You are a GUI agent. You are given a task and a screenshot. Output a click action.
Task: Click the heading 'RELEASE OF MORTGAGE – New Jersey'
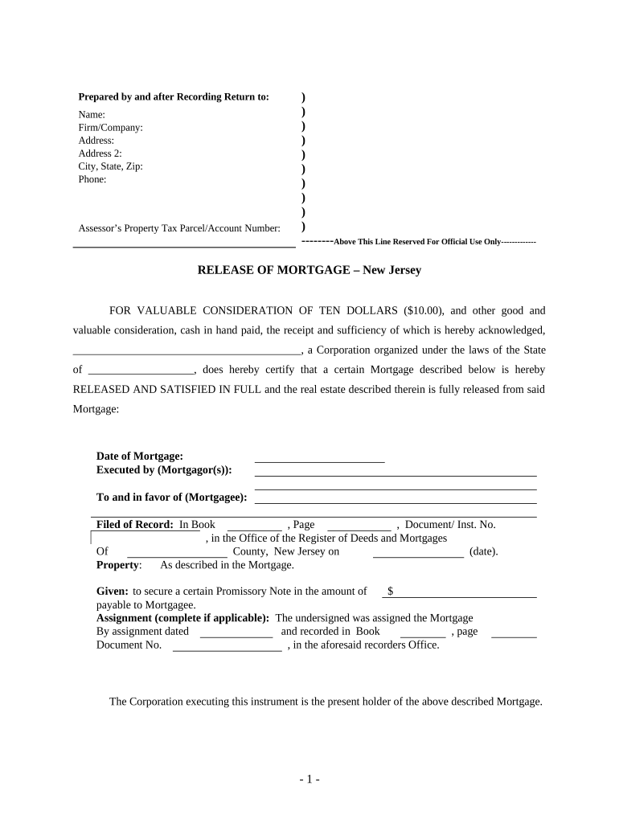(x=309, y=271)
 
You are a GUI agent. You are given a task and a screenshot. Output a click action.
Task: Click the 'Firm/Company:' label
(x=110, y=128)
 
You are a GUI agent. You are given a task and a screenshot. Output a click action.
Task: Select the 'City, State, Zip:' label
(x=110, y=166)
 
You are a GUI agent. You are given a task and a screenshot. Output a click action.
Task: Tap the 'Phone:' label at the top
(x=92, y=179)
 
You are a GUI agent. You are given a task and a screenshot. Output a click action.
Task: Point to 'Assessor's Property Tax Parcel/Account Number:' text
(x=179, y=228)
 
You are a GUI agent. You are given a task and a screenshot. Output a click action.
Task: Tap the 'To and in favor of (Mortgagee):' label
(x=171, y=497)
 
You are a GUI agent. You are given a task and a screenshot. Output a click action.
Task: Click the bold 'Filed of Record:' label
(x=134, y=525)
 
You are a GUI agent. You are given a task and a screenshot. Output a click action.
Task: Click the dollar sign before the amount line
(x=390, y=592)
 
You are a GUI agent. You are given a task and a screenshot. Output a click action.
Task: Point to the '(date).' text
(x=483, y=552)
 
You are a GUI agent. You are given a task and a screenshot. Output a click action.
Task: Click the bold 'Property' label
(x=118, y=565)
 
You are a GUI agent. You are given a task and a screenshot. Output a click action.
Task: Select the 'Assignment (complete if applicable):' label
(x=182, y=618)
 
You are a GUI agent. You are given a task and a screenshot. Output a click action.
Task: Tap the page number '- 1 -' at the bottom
(x=309, y=780)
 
